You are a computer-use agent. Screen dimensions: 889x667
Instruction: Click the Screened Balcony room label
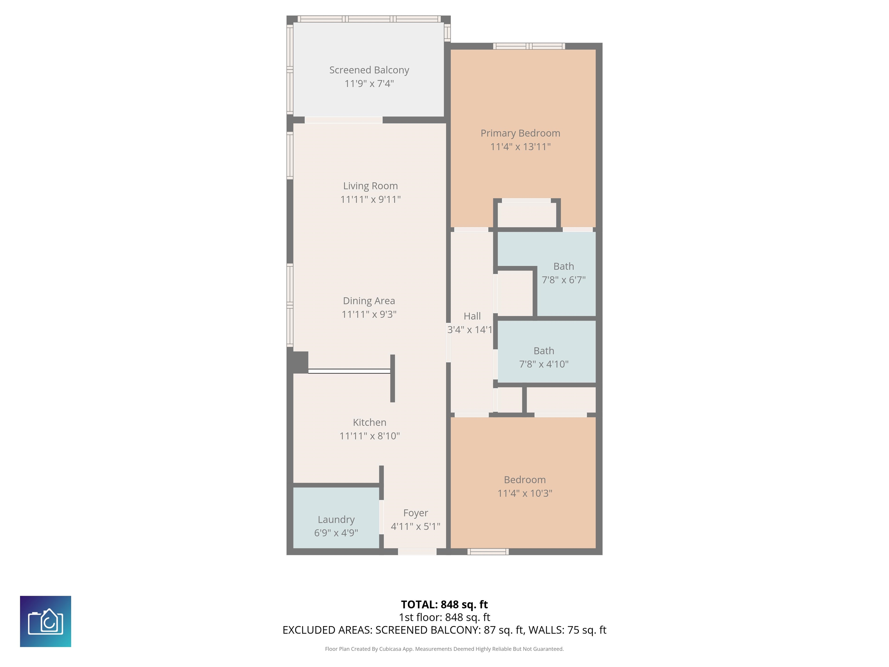tap(369, 70)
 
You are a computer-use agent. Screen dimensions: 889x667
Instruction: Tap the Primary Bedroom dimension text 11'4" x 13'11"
tap(520, 147)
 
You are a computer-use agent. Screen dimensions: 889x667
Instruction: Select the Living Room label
tap(370, 186)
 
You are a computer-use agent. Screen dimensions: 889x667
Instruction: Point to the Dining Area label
tap(369, 301)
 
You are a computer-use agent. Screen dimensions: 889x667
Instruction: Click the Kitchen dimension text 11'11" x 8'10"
tap(369, 436)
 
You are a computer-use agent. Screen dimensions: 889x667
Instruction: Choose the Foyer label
tap(416, 513)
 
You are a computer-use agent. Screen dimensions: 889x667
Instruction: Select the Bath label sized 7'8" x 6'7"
tap(563, 266)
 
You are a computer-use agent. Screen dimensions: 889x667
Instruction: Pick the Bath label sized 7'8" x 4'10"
tap(544, 351)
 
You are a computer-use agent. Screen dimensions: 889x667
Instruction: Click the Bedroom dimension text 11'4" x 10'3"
tap(525, 493)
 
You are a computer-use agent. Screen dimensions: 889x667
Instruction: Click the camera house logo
tap(45, 621)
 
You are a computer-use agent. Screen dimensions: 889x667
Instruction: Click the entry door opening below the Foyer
tap(417, 551)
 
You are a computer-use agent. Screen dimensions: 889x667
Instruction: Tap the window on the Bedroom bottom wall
tap(488, 551)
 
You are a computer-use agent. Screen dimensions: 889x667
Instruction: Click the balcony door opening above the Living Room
tap(343, 120)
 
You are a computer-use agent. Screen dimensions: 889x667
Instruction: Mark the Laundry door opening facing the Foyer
tap(381, 517)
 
